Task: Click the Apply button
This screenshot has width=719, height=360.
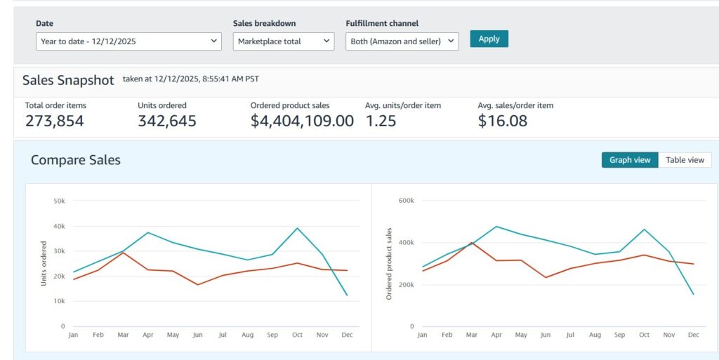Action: click(489, 39)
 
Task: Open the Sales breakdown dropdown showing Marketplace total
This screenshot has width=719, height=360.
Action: click(284, 41)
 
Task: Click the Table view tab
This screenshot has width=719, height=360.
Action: click(685, 160)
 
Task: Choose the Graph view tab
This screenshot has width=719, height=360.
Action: click(630, 160)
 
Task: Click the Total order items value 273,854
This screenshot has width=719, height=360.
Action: click(55, 121)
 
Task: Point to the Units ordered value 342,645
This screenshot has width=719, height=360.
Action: click(167, 121)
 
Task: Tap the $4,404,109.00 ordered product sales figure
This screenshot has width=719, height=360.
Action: click(302, 121)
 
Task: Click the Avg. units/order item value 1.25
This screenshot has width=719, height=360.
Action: click(381, 121)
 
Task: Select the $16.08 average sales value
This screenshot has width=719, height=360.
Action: click(503, 121)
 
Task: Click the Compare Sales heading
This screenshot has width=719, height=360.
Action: click(76, 160)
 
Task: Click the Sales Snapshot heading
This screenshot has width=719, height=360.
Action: click(68, 80)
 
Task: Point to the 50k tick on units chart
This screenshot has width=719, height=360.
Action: click(59, 201)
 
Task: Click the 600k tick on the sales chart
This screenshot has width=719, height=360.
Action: click(407, 201)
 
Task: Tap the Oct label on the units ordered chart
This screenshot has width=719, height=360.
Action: click(298, 335)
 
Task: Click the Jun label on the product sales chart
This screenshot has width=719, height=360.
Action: click(546, 335)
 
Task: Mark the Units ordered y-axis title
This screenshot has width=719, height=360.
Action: click(44, 264)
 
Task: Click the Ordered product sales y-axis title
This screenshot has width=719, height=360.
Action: click(390, 264)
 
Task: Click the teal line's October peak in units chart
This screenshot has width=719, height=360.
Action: click(298, 228)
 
